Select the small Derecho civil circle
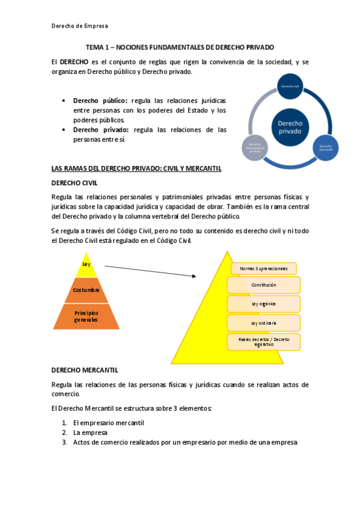(288, 86)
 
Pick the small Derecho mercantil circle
(325, 147)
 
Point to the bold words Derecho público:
(100, 100)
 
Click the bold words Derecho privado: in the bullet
(100, 129)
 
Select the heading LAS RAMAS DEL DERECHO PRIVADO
(137, 168)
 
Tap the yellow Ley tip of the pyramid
(86, 264)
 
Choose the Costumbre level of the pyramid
(86, 290)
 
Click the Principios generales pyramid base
(86, 316)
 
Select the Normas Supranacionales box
(264, 268)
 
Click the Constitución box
(264, 285)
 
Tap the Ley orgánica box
(264, 304)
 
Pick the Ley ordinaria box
(264, 323)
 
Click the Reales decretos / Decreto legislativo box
(264, 342)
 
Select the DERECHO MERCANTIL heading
(85, 369)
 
